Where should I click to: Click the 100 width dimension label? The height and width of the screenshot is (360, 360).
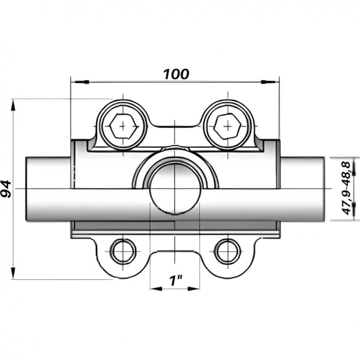click(176, 74)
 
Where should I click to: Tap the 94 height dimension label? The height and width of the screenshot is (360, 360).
click(6, 189)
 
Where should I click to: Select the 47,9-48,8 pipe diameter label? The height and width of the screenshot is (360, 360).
click(347, 188)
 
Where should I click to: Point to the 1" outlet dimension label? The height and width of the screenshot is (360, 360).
click(175, 281)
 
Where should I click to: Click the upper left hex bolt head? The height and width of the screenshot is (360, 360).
click(123, 127)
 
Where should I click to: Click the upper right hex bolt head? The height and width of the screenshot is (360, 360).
click(227, 127)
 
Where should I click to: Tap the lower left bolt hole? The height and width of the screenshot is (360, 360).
click(123, 251)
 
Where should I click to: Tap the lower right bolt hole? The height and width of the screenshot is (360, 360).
click(227, 251)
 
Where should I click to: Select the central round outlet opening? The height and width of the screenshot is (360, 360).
click(174, 189)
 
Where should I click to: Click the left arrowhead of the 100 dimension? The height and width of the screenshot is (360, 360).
click(80, 82)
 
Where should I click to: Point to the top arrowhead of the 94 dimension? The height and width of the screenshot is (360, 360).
click(13, 105)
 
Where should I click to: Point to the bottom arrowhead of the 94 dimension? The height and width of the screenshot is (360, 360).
click(13, 274)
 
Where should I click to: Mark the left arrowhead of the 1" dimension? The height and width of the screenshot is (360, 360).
click(156, 289)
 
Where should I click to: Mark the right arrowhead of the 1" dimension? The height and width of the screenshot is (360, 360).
click(193, 289)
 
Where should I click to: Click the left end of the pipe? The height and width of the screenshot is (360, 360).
click(26, 189)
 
